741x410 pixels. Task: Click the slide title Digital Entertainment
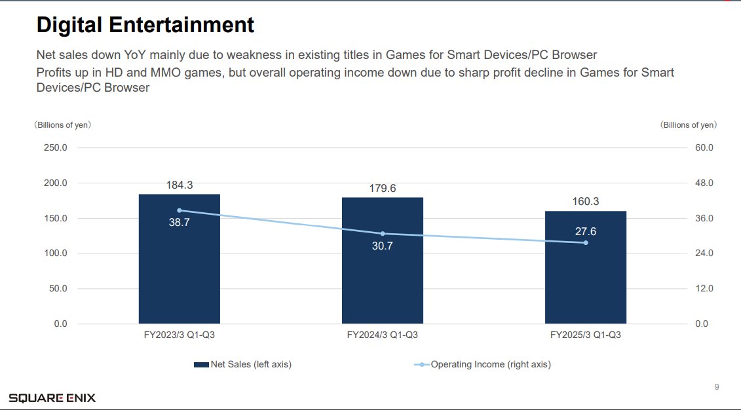(x=145, y=25)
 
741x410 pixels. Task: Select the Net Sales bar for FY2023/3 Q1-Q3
(x=179, y=275)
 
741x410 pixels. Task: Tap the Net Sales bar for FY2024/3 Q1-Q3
(x=383, y=282)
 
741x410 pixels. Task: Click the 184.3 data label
(x=179, y=185)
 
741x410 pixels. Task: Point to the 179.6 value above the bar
(x=383, y=189)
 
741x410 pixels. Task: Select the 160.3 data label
(x=586, y=202)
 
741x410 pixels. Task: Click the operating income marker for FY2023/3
(x=179, y=210)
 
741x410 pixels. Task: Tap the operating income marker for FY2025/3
(x=586, y=243)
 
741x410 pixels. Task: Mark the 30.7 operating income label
(x=383, y=246)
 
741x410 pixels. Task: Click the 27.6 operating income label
(x=586, y=231)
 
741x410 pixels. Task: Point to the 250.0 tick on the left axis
(x=55, y=148)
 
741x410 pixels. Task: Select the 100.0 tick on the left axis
(x=55, y=253)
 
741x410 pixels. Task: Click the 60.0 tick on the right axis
(x=704, y=148)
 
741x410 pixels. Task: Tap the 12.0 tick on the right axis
(x=704, y=289)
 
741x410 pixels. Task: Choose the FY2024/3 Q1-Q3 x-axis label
(x=383, y=335)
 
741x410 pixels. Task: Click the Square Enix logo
(x=52, y=398)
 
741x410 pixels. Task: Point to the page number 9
(x=717, y=387)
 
